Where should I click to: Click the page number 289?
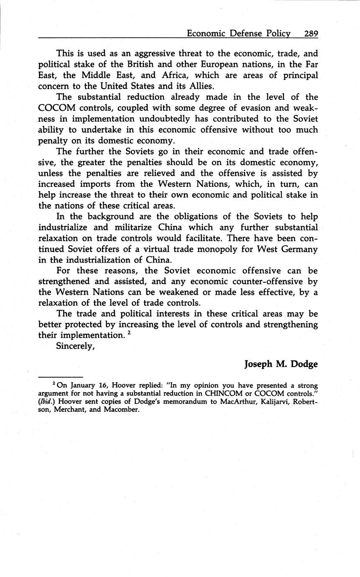click(311, 33)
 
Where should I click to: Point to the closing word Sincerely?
click(76, 346)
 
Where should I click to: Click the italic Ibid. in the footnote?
click(46, 402)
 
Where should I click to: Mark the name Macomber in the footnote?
click(122, 410)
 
